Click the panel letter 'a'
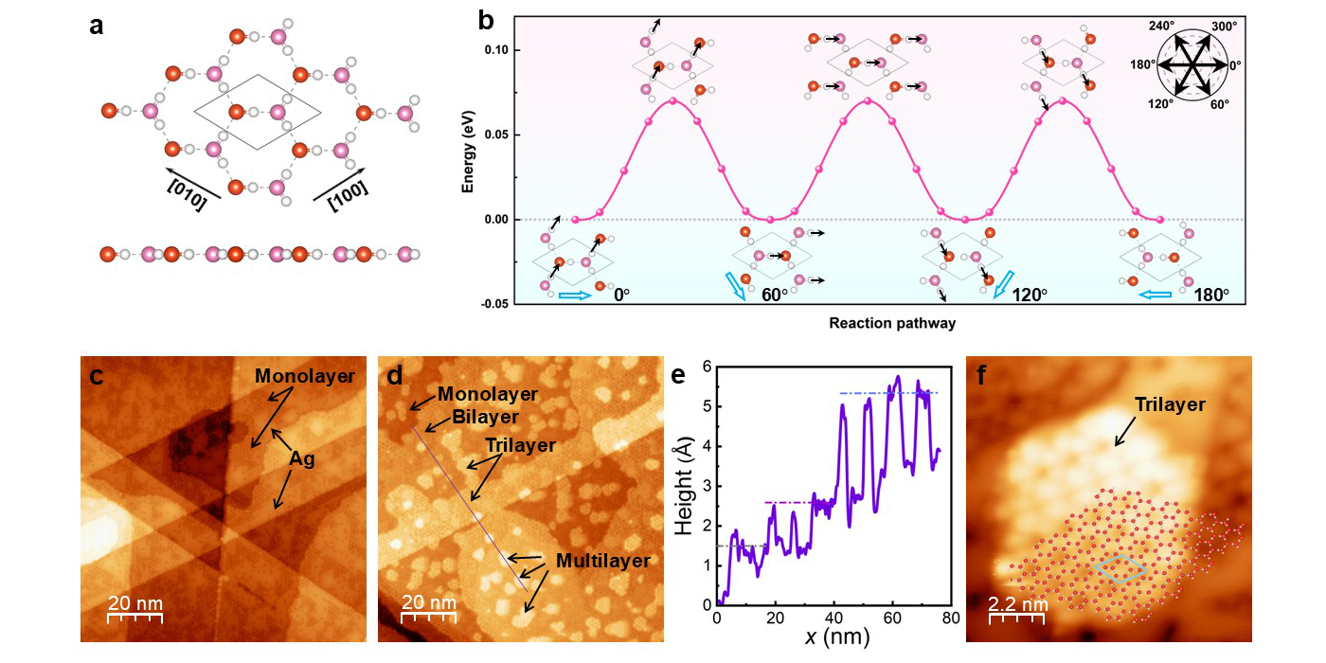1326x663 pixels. click(x=97, y=26)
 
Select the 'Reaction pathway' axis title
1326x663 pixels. click(x=892, y=323)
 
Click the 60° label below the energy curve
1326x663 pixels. click(x=775, y=294)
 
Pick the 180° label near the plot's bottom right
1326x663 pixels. click(x=1211, y=294)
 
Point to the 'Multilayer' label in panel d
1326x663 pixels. click(x=603, y=561)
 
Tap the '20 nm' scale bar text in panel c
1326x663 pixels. click(x=134, y=603)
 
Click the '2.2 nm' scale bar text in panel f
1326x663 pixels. click(x=1018, y=603)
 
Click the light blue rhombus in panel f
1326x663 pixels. click(x=1120, y=568)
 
